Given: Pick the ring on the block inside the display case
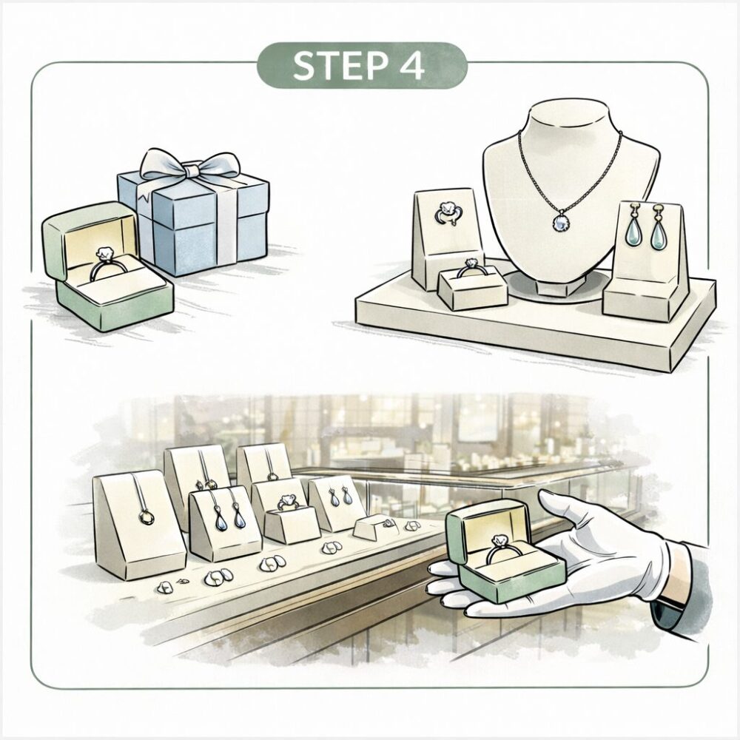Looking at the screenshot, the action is (286, 502).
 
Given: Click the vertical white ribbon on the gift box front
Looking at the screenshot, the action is (225, 222).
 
